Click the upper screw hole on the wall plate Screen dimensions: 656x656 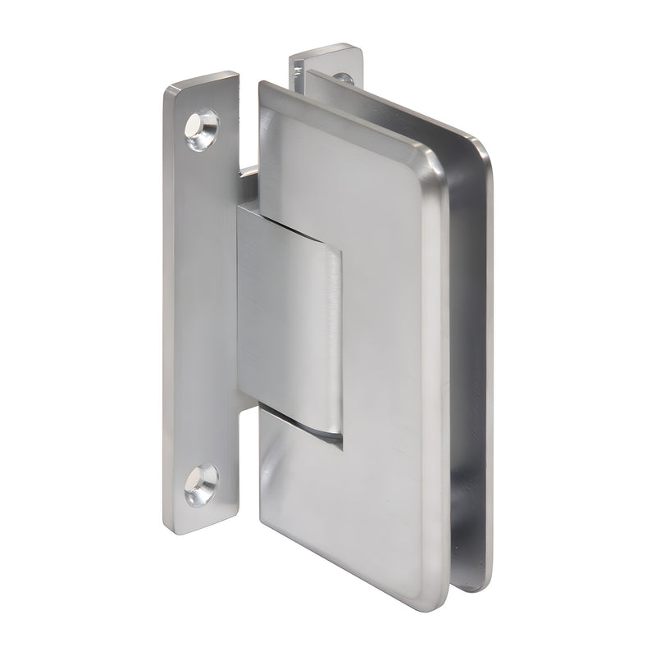click(x=201, y=129)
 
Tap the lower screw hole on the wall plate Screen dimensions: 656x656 click(x=201, y=484)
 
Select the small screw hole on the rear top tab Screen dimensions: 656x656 click(x=344, y=80)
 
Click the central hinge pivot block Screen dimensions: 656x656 click(x=289, y=320)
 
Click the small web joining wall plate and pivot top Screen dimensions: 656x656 click(x=248, y=174)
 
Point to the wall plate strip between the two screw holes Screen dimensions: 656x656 click(x=197, y=312)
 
